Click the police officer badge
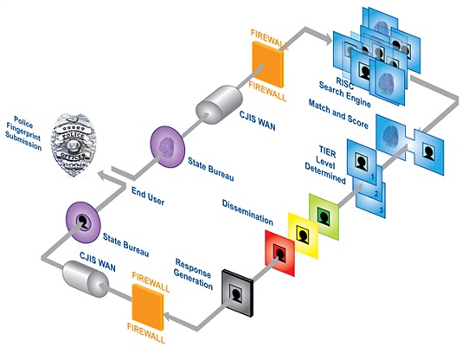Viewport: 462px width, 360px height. (73, 145)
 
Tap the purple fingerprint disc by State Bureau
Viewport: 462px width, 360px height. (168, 147)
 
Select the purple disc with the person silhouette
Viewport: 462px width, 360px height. (83, 222)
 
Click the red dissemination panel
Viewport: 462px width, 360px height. (280, 254)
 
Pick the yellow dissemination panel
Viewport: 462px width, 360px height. (303, 235)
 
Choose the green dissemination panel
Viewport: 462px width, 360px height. (324, 217)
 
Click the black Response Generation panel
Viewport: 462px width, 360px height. (237, 292)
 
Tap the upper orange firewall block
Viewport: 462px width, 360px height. (268, 64)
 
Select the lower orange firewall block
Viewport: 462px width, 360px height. (148, 306)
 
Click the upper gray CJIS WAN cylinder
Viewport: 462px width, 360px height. (219, 105)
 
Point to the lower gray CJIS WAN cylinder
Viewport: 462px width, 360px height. (86, 279)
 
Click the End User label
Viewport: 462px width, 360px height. (148, 196)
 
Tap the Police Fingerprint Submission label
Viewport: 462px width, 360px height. (23, 133)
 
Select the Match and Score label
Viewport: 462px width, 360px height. (338, 114)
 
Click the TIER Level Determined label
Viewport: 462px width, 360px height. (325, 165)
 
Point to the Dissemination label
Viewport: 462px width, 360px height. (247, 212)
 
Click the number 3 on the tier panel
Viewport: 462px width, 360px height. (381, 210)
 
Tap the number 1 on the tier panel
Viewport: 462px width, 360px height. (372, 177)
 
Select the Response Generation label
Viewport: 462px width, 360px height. (193, 274)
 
